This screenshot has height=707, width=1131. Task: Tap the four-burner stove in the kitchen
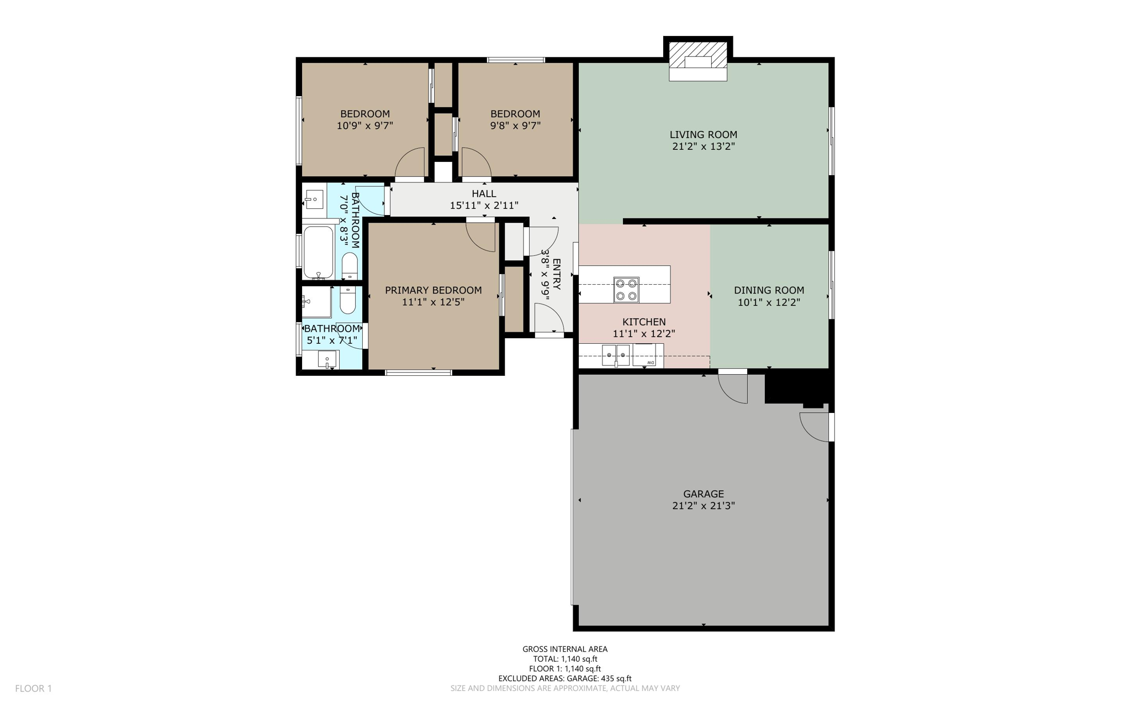626,290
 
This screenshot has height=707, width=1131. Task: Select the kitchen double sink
615,354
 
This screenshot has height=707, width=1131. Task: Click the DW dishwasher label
652,363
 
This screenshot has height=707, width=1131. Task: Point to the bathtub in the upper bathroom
319,252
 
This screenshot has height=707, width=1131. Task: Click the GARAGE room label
703,494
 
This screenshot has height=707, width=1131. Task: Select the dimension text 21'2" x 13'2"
703,146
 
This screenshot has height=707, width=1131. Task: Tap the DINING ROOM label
769,290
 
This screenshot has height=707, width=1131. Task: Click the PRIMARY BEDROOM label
433,290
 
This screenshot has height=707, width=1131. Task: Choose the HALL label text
484,193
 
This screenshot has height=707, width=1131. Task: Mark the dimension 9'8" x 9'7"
515,125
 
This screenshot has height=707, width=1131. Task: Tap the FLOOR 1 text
33,688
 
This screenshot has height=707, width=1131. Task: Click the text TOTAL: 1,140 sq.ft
565,659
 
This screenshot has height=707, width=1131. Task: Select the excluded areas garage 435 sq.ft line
565,678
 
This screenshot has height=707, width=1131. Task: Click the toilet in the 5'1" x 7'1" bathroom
347,301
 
